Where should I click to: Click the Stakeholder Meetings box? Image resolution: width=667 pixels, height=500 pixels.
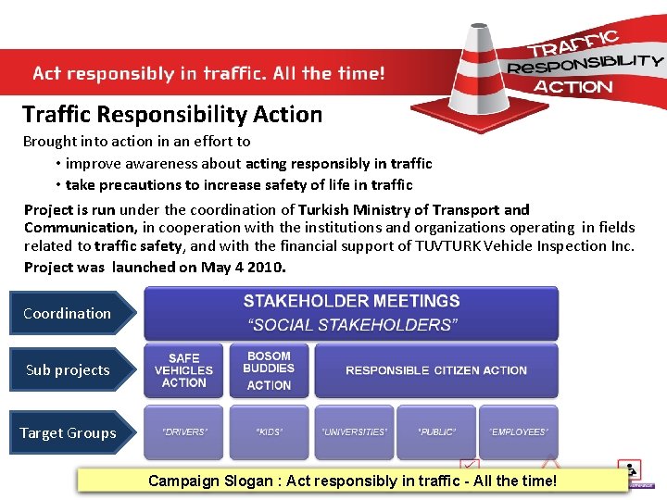[351, 312]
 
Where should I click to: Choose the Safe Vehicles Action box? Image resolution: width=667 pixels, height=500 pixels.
[183, 370]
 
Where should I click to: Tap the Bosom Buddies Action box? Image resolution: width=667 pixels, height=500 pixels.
[269, 370]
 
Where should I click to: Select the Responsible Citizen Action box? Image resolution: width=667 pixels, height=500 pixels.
[436, 370]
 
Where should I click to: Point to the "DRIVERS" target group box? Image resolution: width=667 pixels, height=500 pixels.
[183, 432]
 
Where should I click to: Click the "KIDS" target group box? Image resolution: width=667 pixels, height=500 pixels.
[269, 432]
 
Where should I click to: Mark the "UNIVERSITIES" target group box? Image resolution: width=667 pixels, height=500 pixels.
[354, 432]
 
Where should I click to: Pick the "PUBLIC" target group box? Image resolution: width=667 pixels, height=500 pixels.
[436, 432]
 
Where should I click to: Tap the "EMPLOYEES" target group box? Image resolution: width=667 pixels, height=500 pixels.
[519, 432]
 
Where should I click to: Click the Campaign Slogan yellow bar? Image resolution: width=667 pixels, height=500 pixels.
[352, 481]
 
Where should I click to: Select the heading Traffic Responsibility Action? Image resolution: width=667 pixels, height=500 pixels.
[172, 115]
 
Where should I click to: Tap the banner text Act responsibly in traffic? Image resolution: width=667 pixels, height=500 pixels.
[208, 72]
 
